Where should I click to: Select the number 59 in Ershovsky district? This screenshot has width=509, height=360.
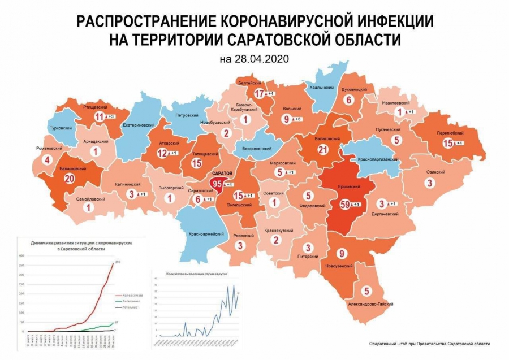tap(342, 204)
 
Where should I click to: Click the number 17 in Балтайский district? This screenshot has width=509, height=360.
tap(260, 94)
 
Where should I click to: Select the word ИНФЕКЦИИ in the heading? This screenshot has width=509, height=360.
tap(391, 21)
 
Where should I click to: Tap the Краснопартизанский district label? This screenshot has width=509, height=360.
tap(378, 159)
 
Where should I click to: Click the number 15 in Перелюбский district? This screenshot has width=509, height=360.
tap(448, 143)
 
